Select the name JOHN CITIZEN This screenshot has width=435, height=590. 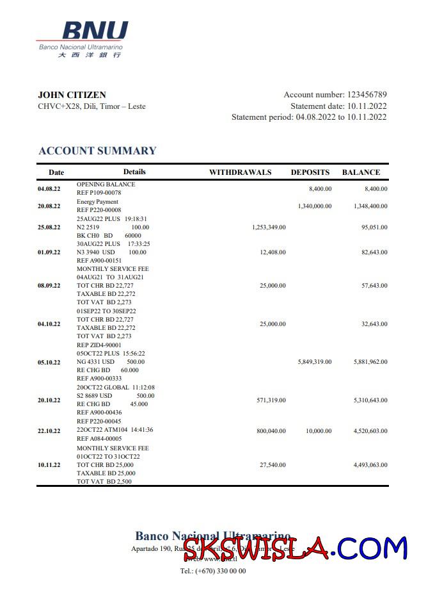coord(72,95)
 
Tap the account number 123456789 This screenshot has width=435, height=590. coord(367,95)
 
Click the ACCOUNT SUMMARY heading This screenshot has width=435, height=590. coord(97,151)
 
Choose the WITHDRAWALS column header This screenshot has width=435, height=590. coord(241,172)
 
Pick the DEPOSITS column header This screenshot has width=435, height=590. coord(310,172)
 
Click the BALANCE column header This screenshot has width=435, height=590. coord(361,172)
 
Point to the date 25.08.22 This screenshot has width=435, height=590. coord(49,227)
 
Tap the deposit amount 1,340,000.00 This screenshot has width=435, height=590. coord(315,206)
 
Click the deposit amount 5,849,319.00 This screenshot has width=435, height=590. coord(315,362)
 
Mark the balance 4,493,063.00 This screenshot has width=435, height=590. coord(370,465)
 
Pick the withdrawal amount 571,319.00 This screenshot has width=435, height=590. coord(271,400)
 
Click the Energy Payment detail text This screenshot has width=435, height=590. coord(97,202)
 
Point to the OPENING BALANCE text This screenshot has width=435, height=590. coord(106,184)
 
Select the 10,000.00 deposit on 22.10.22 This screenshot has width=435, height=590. coord(319,431)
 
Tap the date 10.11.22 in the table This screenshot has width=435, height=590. coord(49,465)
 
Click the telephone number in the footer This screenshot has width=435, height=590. coord(213,571)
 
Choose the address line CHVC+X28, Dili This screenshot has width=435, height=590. coord(91,106)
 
